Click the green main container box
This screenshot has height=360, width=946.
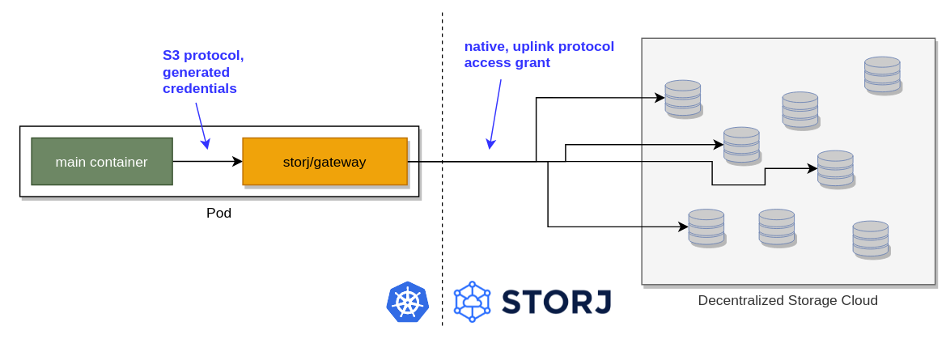click(101, 162)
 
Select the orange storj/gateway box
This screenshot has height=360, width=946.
click(325, 162)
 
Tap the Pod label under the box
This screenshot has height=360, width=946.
click(218, 214)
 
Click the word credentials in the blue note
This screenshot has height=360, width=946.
click(200, 89)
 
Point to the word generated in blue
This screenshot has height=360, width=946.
click(197, 72)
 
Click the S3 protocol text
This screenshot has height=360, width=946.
click(203, 56)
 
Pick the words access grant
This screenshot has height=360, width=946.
click(507, 62)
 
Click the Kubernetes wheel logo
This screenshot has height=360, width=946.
click(407, 303)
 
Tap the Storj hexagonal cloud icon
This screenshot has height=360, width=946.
click(472, 303)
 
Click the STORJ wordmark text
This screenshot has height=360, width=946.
click(556, 302)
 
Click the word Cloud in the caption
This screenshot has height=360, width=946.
click(857, 301)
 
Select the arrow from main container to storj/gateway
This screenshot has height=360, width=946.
click(207, 162)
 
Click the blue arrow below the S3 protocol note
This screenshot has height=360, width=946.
click(202, 125)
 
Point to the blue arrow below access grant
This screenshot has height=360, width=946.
click(494, 114)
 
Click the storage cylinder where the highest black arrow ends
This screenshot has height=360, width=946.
click(683, 98)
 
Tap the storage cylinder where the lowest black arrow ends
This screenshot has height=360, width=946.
click(706, 227)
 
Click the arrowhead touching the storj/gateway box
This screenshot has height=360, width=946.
click(238, 162)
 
